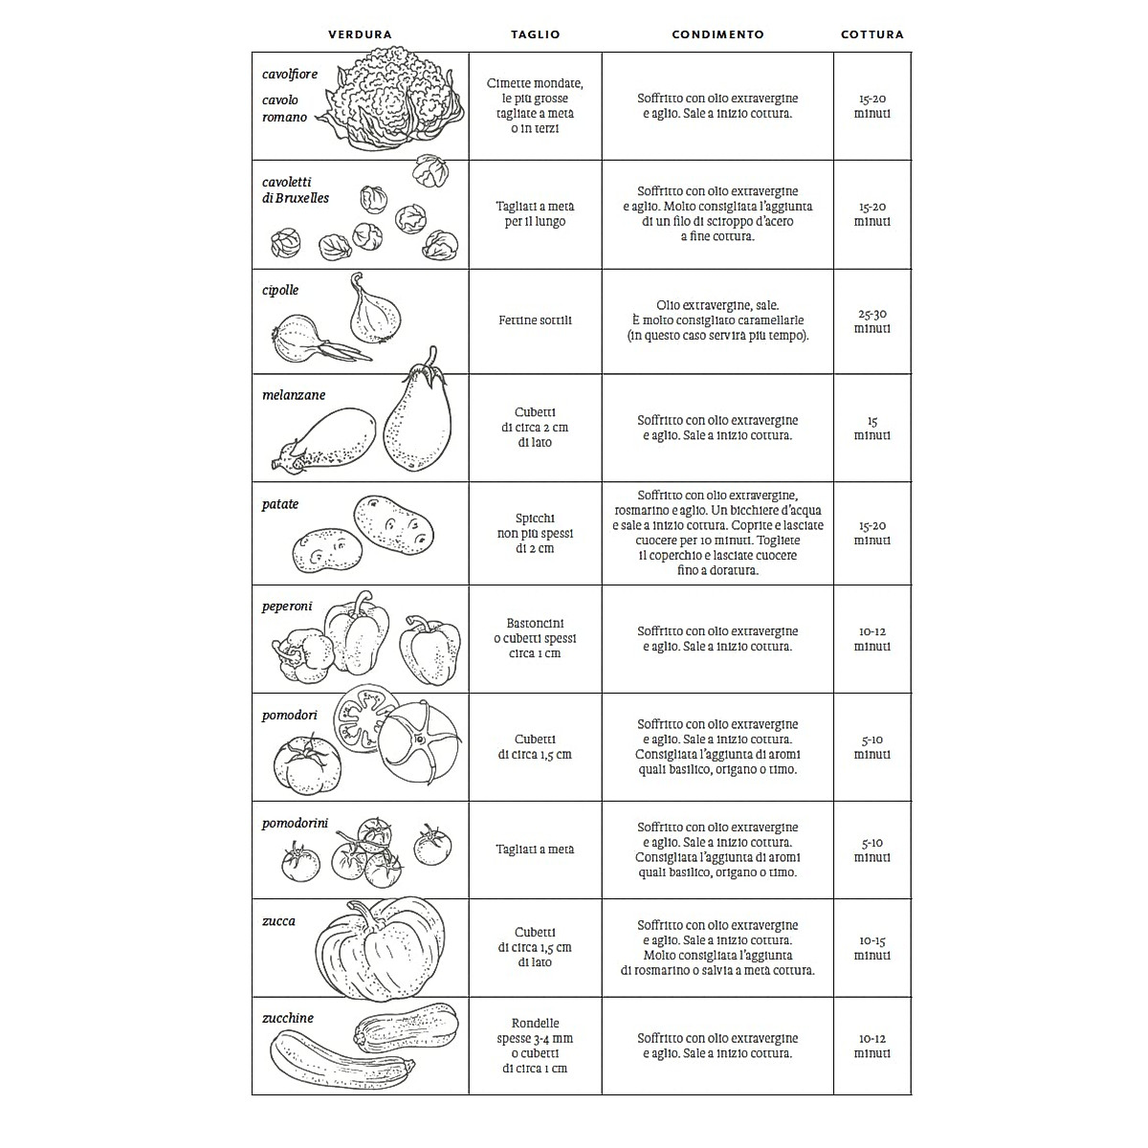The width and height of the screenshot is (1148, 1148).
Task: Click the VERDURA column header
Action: pyautogui.click(x=360, y=34)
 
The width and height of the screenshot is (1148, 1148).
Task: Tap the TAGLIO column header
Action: pyautogui.click(x=535, y=34)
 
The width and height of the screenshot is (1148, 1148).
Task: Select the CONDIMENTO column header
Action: pyautogui.click(x=717, y=34)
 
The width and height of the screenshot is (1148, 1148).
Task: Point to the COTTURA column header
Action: pyautogui.click(x=872, y=34)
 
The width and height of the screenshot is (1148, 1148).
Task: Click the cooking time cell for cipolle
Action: pyautogui.click(x=872, y=321)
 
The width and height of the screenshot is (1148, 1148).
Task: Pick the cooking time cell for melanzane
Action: pyautogui.click(x=872, y=428)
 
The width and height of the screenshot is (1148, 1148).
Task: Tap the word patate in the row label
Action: pyautogui.click(x=280, y=504)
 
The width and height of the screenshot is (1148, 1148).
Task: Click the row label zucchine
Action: pyautogui.click(x=288, y=1018)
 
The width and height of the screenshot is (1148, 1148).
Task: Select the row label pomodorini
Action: pyautogui.click(x=295, y=823)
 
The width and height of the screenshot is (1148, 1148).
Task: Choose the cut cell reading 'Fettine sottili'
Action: pyautogui.click(x=535, y=320)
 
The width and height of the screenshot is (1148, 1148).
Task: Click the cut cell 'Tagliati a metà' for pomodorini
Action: pyautogui.click(x=535, y=850)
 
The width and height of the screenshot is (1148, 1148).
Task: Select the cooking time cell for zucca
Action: pyautogui.click(x=872, y=948)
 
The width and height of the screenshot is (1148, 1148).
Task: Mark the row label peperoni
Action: pyautogui.click(x=287, y=607)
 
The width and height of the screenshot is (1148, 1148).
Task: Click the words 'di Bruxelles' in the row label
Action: pyautogui.click(x=296, y=198)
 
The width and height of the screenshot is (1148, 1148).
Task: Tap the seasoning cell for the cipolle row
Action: pyautogui.click(x=717, y=320)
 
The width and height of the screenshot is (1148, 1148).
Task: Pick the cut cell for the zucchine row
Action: pyautogui.click(x=535, y=1046)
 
